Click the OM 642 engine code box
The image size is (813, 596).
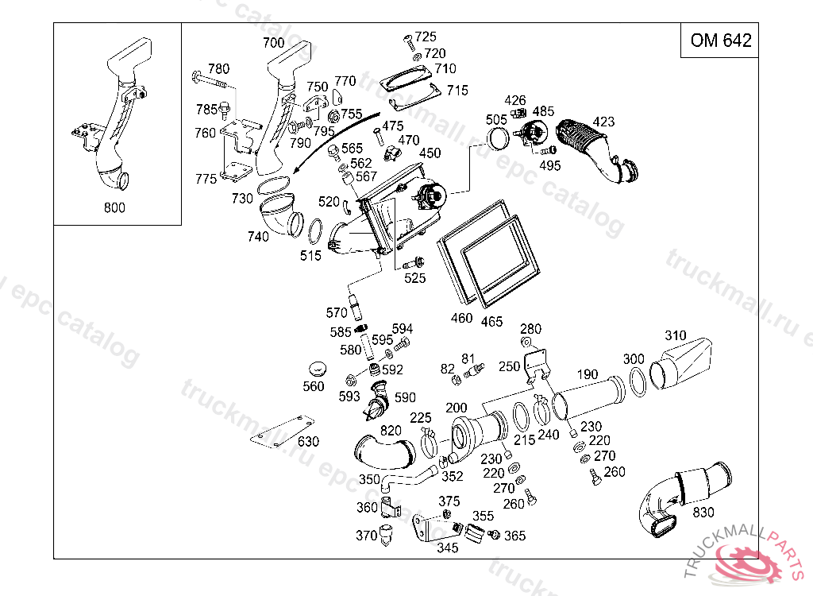click(720, 41)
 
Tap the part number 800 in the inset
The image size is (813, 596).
click(114, 208)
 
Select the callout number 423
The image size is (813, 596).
click(603, 122)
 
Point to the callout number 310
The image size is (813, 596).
click(676, 335)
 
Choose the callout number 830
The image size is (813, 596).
click(703, 513)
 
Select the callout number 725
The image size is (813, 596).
click(426, 37)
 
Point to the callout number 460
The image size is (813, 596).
click(461, 318)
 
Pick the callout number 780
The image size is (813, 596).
click(218, 68)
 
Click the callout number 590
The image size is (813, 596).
click(405, 397)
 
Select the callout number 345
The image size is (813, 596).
click(448, 548)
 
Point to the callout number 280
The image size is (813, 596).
click(530, 329)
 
